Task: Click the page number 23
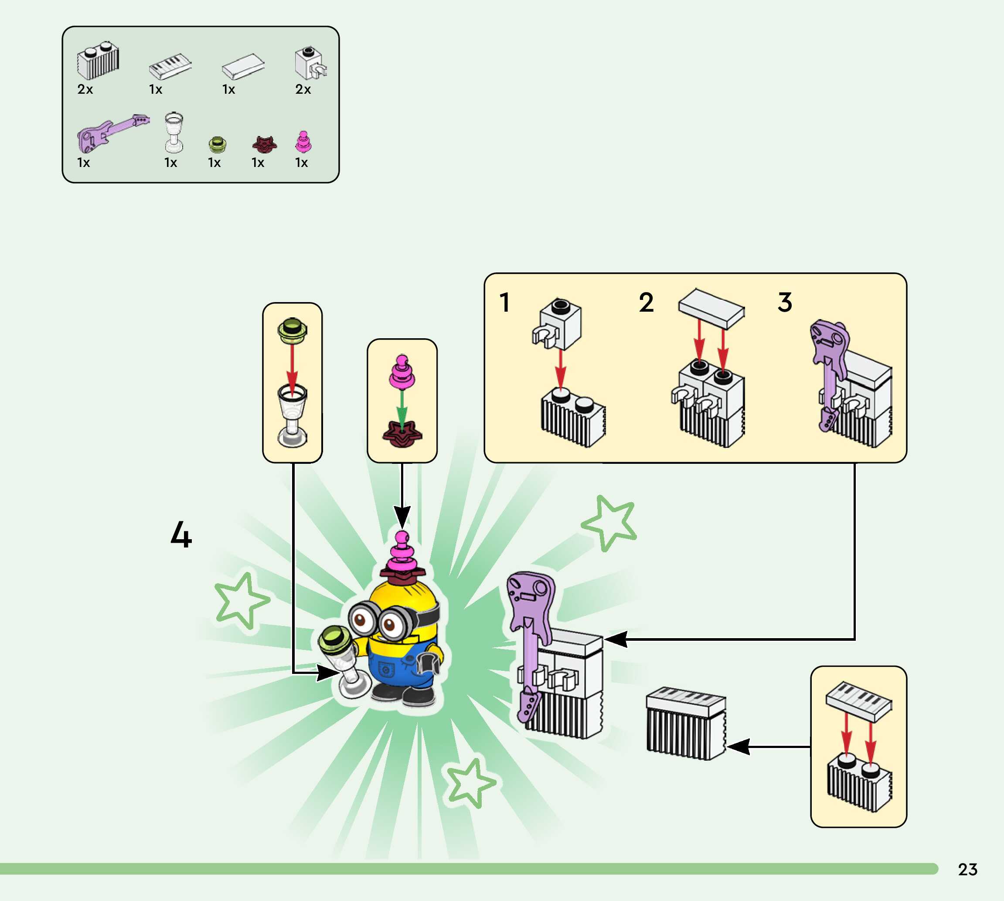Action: [967, 869]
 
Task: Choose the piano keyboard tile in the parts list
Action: [170, 66]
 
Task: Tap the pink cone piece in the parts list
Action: [303, 142]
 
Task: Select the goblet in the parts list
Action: [174, 132]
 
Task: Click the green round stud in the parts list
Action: [218, 145]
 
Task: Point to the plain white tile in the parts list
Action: [242, 66]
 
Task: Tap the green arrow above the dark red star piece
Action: [402, 408]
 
